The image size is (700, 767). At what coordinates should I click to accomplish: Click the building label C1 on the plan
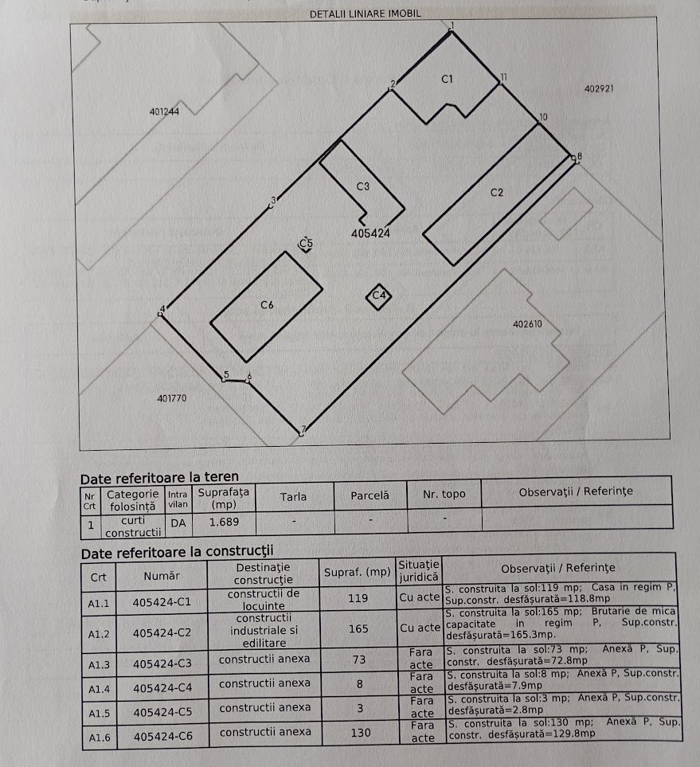tap(447, 79)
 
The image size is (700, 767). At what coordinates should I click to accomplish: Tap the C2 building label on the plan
tap(496, 193)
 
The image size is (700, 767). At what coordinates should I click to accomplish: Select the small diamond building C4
tap(379, 295)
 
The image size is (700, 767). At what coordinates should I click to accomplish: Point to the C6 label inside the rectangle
tap(268, 304)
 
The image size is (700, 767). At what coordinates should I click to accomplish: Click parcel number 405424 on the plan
tap(370, 234)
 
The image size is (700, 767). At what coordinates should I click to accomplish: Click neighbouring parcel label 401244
tap(164, 112)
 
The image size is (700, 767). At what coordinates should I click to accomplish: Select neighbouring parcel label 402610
tap(527, 324)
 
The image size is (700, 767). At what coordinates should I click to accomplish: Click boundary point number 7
tap(303, 431)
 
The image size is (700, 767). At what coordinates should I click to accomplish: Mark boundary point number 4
tap(163, 308)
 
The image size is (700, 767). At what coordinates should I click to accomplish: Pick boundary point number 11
tap(503, 76)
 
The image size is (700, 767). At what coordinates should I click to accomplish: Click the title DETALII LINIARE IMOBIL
tap(364, 14)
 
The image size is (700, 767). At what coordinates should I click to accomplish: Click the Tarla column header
tap(293, 496)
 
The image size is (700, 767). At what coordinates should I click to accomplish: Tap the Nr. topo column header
tap(444, 495)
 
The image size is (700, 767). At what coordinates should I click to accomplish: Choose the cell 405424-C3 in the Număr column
tap(162, 663)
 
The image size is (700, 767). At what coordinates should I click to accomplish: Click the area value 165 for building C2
tap(358, 628)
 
